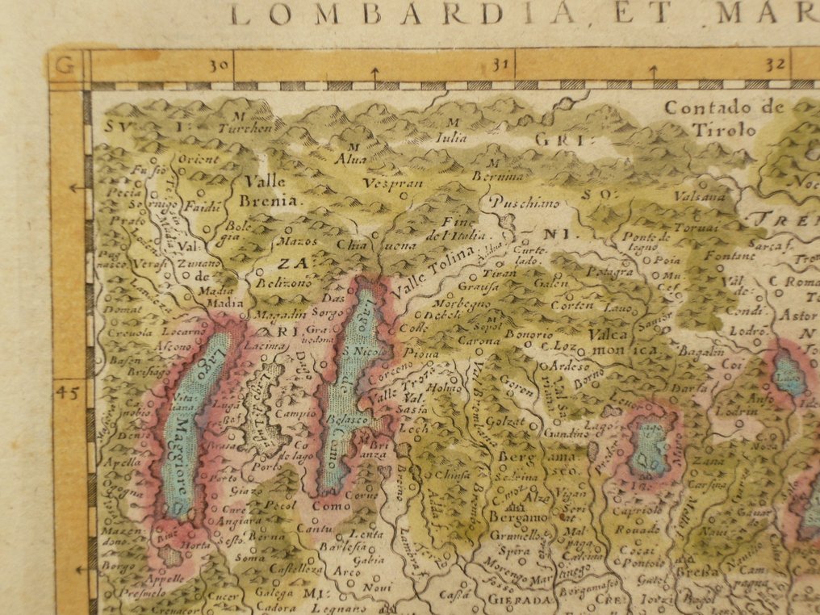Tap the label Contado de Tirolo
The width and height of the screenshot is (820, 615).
(725, 118)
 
